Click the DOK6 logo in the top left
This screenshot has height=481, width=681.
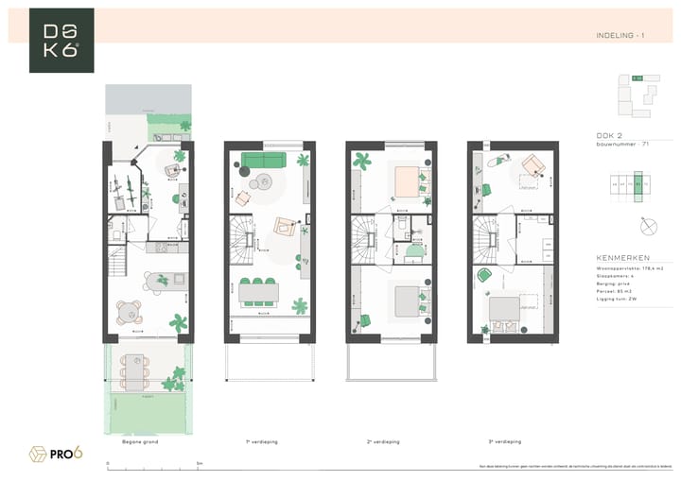tap(61, 41)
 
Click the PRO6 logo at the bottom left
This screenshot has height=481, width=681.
tap(57, 454)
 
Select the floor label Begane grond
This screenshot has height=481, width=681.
tap(140, 441)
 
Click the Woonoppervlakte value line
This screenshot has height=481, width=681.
tap(625, 268)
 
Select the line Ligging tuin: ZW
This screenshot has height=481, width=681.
tap(617, 299)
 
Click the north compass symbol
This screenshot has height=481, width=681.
tap(648, 225)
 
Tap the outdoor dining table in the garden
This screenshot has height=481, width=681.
tap(138, 372)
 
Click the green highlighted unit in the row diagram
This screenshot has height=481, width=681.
tap(638, 185)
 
